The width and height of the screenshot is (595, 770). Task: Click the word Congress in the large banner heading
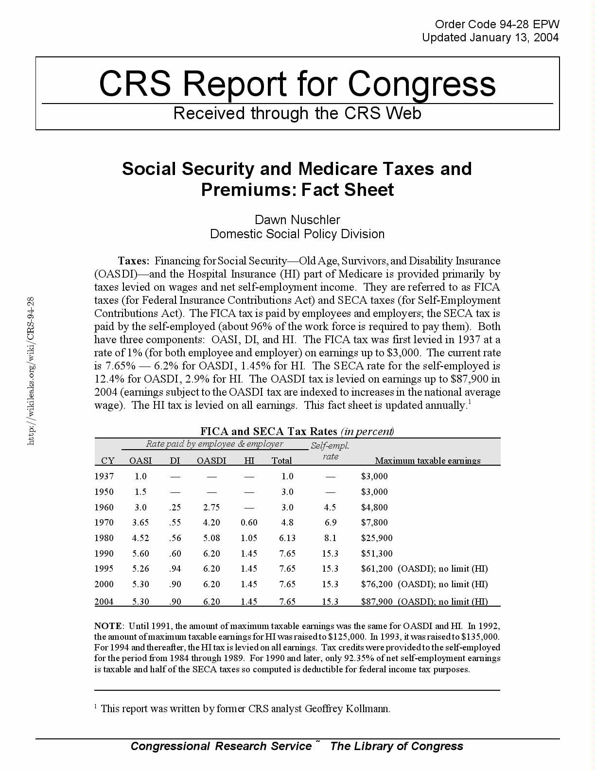pos(421,84)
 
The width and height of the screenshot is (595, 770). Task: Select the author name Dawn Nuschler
pos(297,220)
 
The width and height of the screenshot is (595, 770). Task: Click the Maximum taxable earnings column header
pos(428,460)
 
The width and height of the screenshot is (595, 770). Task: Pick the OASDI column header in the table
pos(211,460)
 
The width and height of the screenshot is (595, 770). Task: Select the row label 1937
pos(104,476)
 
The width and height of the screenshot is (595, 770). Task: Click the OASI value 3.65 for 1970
pos(140,523)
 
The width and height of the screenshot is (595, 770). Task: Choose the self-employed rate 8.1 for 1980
pos(330,538)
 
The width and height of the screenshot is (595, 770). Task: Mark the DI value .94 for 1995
pos(175,569)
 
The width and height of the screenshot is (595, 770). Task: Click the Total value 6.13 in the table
pos(287,538)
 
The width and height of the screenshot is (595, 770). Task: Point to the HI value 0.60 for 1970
pos(249,523)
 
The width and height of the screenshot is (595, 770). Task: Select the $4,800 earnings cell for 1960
pos(374,507)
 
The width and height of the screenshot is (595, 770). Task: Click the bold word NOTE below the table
pos(108,626)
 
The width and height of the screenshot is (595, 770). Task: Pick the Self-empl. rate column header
pos(330,451)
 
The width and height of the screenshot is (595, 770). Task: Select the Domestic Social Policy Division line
pos(297,234)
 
